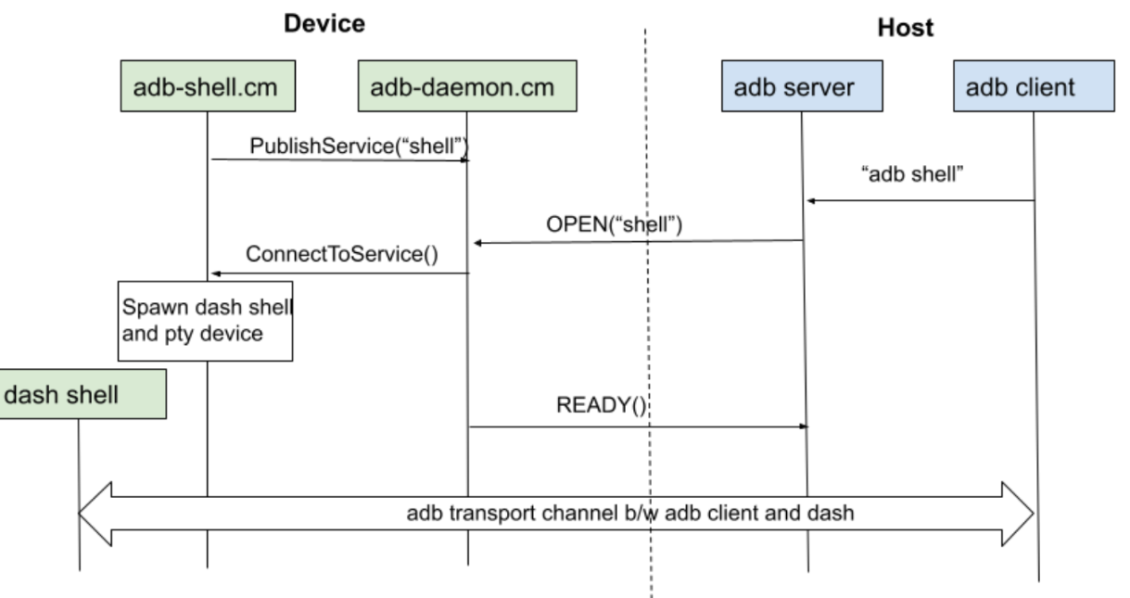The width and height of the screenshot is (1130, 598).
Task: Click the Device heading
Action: (324, 24)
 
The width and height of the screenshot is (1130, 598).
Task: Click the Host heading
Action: (906, 27)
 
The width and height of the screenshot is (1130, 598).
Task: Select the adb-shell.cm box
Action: (208, 86)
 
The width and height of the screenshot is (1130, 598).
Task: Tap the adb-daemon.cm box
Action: (467, 86)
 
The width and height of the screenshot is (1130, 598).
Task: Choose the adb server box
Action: (802, 86)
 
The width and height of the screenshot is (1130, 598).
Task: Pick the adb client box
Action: (1035, 86)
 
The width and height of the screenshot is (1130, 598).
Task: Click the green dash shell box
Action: (83, 394)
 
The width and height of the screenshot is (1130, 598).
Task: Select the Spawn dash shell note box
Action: (205, 321)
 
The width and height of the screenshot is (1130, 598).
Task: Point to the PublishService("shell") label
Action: (359, 146)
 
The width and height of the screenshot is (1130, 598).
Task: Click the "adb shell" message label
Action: (912, 174)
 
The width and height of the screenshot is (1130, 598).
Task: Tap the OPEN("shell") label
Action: (614, 224)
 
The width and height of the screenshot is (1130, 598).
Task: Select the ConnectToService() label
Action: (342, 254)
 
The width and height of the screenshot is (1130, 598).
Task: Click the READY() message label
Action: (601, 405)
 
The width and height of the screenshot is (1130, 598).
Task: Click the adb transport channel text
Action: (630, 514)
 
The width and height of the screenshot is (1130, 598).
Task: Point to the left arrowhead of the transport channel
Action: (95, 514)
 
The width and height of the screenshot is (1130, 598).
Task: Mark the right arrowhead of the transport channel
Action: (1018, 514)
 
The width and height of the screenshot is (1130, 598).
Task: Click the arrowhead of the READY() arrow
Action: (804, 426)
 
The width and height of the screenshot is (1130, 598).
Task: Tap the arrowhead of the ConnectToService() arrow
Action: (215, 274)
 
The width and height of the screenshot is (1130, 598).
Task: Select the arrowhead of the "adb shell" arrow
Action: (811, 201)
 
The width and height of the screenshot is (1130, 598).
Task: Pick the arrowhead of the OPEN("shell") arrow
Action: (477, 243)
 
